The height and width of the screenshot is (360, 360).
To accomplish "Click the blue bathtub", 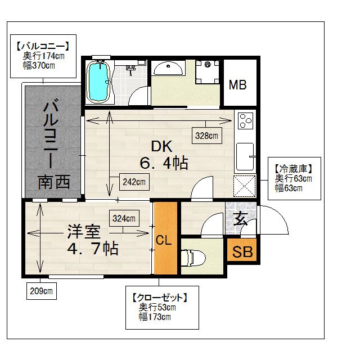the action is coord(98,82).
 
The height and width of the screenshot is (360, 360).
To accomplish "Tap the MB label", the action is coord(237,85).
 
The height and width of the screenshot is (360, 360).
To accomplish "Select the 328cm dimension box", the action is coord(207,136).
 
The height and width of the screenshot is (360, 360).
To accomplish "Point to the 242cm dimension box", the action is coord(134,182).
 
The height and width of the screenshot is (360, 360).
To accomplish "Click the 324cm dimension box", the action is coord(124,218).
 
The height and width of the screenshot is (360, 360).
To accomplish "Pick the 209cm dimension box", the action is coord(42,291).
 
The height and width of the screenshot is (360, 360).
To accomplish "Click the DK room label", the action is coord(161,146).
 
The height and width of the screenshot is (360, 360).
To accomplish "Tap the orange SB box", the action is coord(242,250).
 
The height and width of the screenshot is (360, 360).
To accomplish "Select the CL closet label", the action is coord(164,240).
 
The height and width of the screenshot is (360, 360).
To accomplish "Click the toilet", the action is coord(193,258).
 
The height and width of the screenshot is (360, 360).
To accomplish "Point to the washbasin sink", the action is coord(168,68).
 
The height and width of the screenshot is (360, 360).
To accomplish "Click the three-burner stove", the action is coord(245,120).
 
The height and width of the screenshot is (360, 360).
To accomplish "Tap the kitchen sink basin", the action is coord(245,157).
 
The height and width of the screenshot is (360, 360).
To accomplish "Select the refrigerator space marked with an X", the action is coord(245,186).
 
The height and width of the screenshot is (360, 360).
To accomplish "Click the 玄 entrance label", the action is coord(241,219).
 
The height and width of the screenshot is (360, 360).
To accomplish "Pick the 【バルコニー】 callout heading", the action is coord(43,46).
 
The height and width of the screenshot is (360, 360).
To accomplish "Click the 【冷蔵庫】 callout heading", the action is coord(294,169).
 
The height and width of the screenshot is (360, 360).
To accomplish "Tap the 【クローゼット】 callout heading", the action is coord(160,298).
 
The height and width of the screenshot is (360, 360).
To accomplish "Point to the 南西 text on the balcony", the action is coord(54,182).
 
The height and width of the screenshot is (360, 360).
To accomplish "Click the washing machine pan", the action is coord(208,71).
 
